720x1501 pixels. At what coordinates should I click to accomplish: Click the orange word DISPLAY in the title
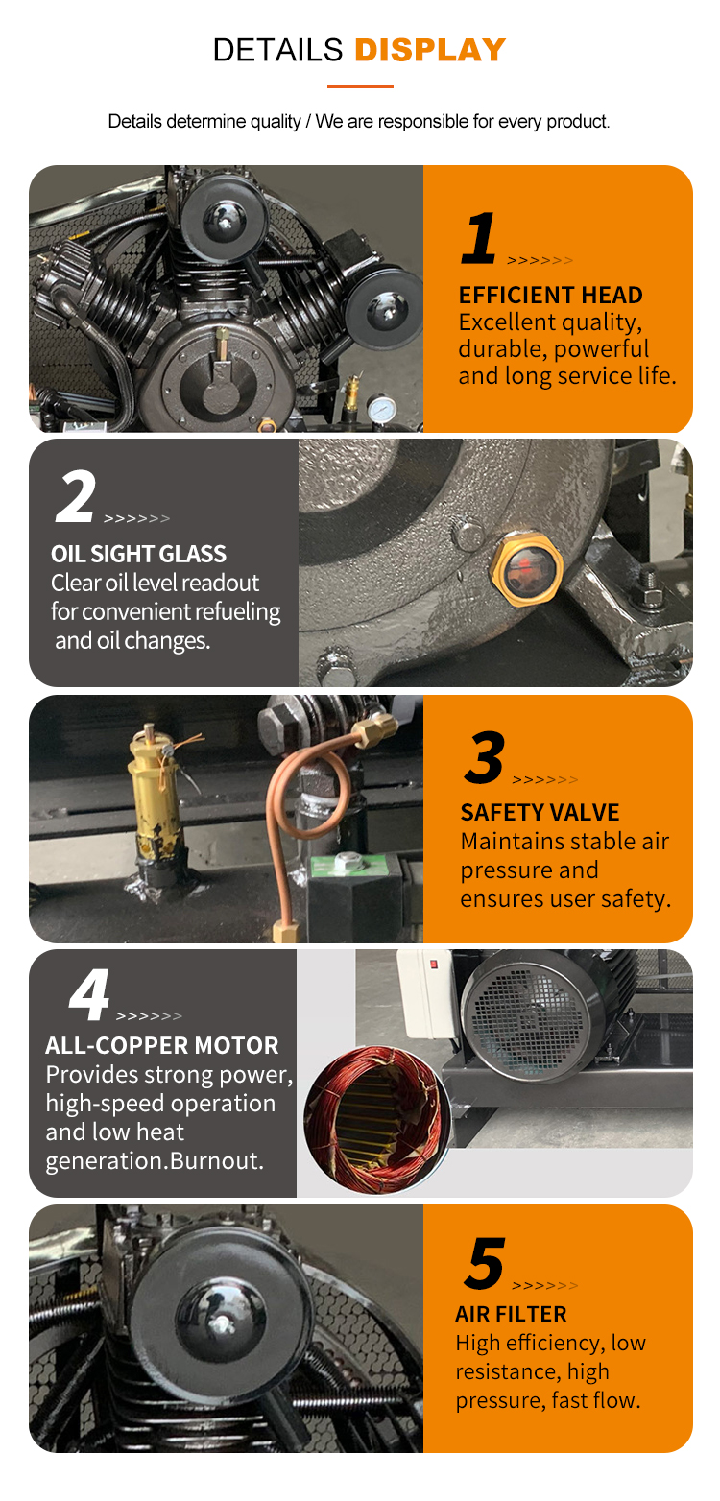(x=430, y=50)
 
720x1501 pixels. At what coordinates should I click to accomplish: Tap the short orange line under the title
(x=360, y=86)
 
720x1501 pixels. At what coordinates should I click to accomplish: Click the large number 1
(x=479, y=238)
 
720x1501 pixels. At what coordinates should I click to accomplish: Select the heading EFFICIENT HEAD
(x=550, y=295)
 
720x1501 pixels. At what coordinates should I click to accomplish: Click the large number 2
(x=75, y=497)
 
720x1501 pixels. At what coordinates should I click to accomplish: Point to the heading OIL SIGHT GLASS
(x=138, y=554)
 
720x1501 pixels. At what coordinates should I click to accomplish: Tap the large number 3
(x=485, y=757)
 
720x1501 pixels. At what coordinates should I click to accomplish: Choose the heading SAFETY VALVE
(x=540, y=812)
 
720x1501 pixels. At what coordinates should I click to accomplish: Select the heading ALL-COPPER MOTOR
(x=162, y=1045)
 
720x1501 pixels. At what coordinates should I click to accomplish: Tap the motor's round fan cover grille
(x=523, y=1008)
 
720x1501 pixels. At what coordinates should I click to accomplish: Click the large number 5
(x=484, y=1264)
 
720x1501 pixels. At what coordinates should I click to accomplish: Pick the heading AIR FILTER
(x=511, y=1314)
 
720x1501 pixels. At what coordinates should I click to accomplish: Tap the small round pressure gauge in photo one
(x=385, y=407)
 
